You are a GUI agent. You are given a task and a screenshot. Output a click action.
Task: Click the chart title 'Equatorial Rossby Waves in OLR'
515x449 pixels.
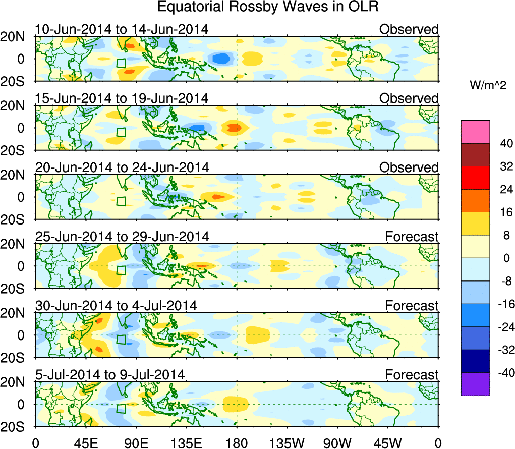pyautogui.click(x=268, y=8)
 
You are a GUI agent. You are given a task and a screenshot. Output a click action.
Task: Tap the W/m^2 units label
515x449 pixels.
pyautogui.click(x=487, y=86)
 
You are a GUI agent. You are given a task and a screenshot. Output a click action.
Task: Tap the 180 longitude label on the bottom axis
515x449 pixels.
pyautogui.click(x=236, y=442)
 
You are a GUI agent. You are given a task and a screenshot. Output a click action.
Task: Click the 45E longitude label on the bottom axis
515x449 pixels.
pyautogui.click(x=85, y=442)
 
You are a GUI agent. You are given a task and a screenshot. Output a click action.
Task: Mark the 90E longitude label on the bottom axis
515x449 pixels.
pyautogui.click(x=136, y=442)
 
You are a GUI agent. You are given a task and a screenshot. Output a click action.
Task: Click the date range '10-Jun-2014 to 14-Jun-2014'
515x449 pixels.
pyautogui.click(x=122, y=29)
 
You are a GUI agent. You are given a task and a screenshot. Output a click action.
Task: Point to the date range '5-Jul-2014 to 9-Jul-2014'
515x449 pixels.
pyautogui.click(x=109, y=375)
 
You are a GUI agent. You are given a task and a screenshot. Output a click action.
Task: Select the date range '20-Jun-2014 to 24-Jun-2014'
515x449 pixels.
pyautogui.click(x=122, y=167)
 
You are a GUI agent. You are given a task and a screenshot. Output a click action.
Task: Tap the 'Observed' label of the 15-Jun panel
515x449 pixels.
pyautogui.click(x=409, y=98)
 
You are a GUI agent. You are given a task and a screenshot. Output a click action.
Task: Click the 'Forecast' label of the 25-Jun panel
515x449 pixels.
pyautogui.click(x=412, y=237)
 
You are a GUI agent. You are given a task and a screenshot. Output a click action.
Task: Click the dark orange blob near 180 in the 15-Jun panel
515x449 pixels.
pyautogui.click(x=234, y=128)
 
